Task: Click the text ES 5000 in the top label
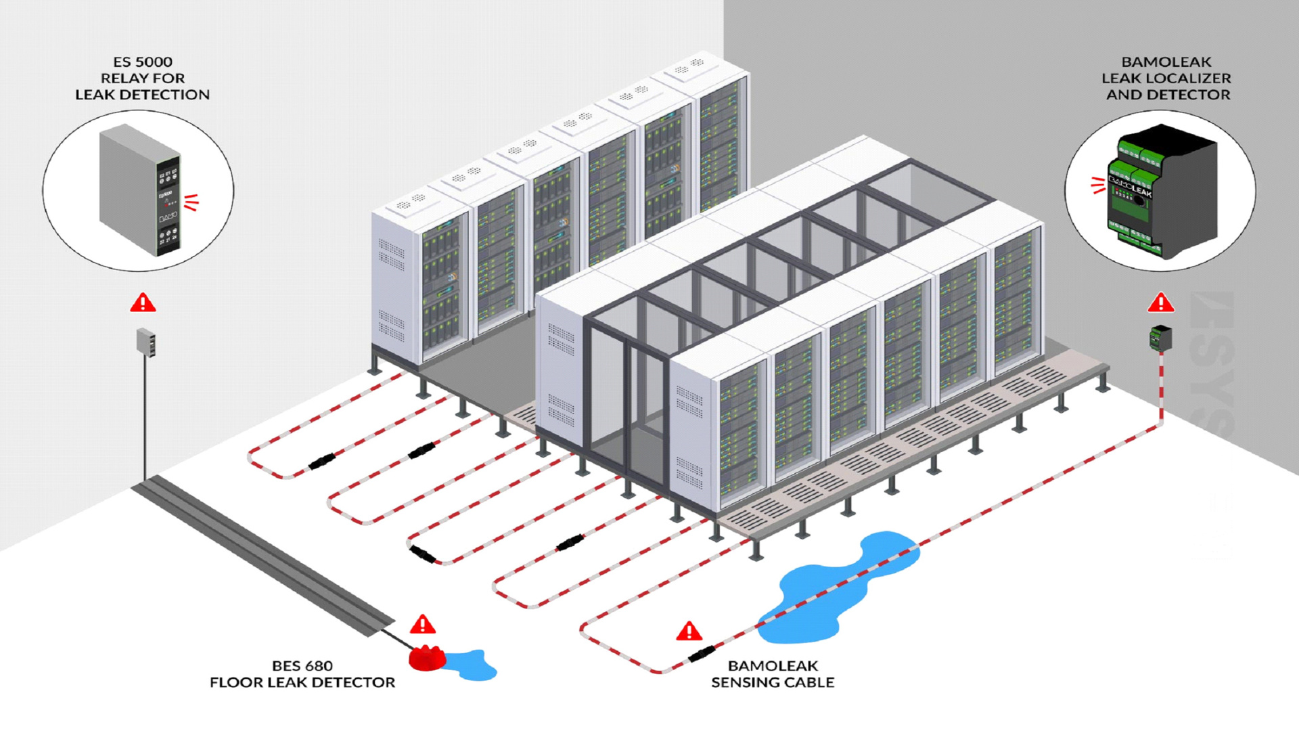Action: [143, 62]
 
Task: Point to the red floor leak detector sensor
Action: [426, 658]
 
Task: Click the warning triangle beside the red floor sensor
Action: [423, 624]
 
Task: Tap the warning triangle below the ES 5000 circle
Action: [143, 303]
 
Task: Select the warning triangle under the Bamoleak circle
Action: [1161, 303]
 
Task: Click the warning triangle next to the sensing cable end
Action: [689, 632]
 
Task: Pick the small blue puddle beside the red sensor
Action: [474, 665]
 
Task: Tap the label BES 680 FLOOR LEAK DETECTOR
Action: [302, 674]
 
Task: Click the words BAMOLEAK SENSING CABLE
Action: [773, 674]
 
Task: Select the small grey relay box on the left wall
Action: [146, 341]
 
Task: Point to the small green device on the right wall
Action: [1160, 337]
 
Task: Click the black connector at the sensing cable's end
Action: [702, 654]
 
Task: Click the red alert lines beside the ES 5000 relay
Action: [191, 202]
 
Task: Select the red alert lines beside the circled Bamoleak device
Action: [1098, 185]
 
